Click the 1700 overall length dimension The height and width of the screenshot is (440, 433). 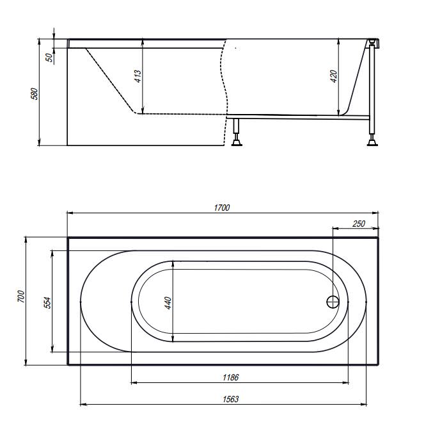pyautogui.click(x=222, y=208)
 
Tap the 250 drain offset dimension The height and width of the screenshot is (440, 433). pyautogui.click(x=359, y=224)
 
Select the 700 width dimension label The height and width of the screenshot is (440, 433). pyautogui.click(x=21, y=297)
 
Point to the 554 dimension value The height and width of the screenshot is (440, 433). pyautogui.click(x=47, y=303)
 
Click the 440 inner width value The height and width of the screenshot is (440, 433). pyautogui.click(x=168, y=303)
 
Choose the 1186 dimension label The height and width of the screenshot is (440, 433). pyautogui.click(x=231, y=377)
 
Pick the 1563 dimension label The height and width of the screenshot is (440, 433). pyautogui.click(x=231, y=399)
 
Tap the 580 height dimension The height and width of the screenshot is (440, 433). pyautogui.click(x=34, y=94)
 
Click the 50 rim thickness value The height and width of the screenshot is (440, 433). pyautogui.click(x=49, y=58)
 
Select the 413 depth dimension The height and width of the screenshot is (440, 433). pyautogui.click(x=138, y=76)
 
